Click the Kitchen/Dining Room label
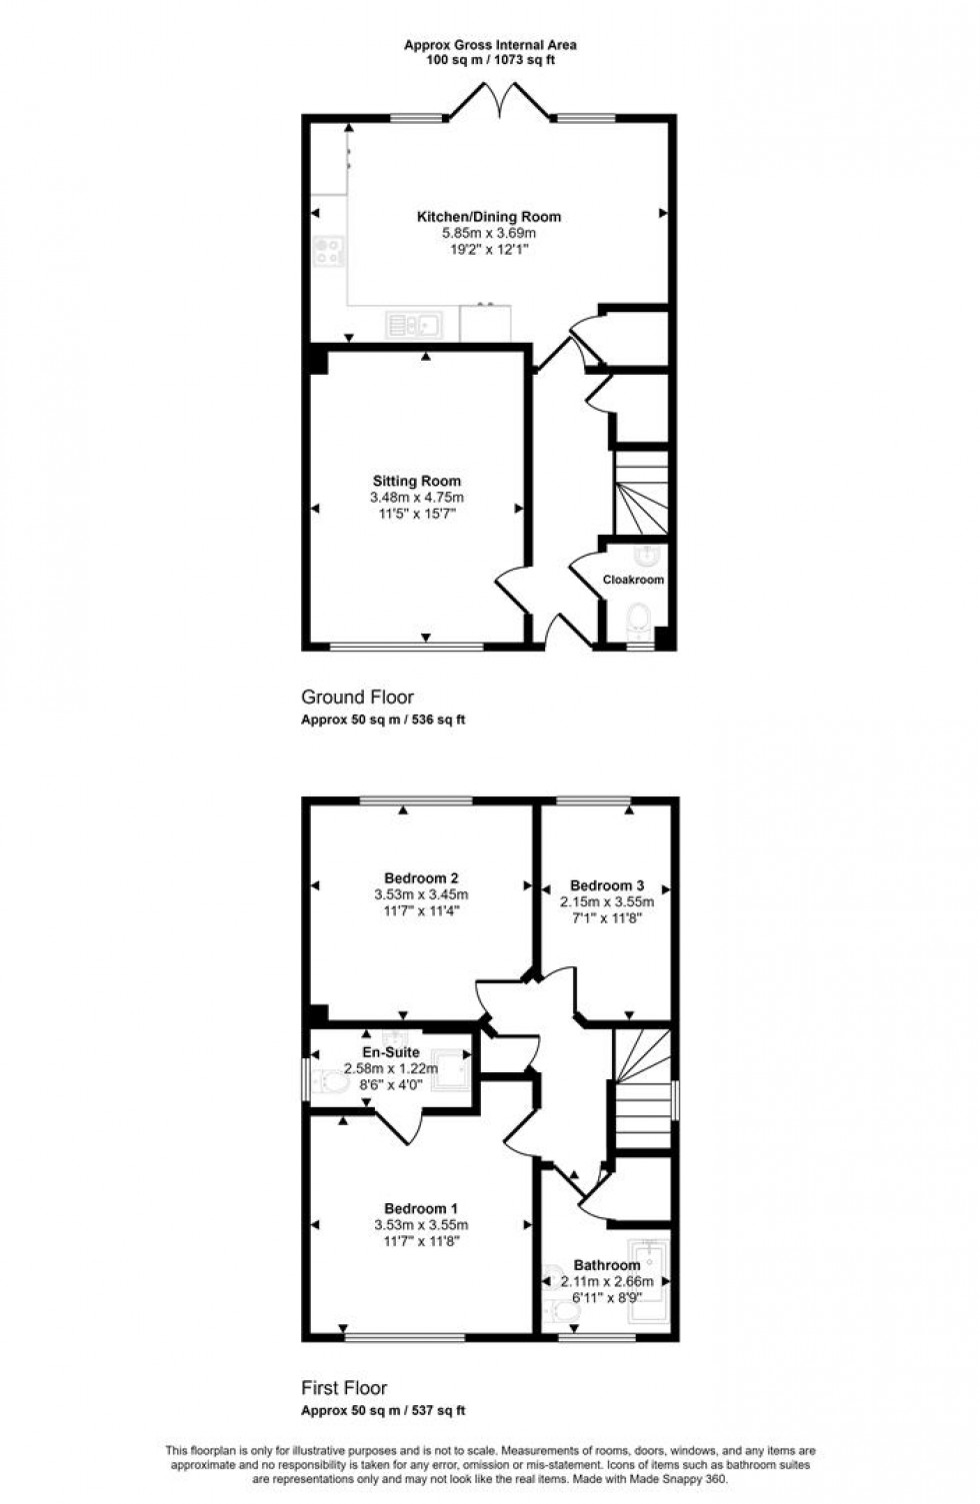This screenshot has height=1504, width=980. pyautogui.click(x=489, y=217)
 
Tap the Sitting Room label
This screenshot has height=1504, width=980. pyautogui.click(x=417, y=482)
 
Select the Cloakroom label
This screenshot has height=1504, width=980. pyautogui.click(x=633, y=580)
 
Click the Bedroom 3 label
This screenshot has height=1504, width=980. pyautogui.click(x=607, y=885)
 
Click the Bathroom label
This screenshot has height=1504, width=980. pyautogui.click(x=607, y=1265)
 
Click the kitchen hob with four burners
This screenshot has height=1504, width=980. pyautogui.click(x=328, y=251)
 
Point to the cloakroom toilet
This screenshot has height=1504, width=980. pyautogui.click(x=635, y=627)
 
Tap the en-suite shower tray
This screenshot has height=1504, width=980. pyautogui.click(x=451, y=1070)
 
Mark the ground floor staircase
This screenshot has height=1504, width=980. pyautogui.click(x=640, y=495)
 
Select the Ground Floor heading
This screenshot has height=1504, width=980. pyautogui.click(x=357, y=698)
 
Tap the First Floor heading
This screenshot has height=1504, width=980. pyautogui.click(x=344, y=1388)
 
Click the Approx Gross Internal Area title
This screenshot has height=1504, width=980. pyautogui.click(x=490, y=45)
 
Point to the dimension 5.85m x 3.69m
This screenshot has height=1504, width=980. pyautogui.click(x=489, y=233)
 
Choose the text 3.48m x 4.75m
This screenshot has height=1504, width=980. pyautogui.click(x=417, y=498)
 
